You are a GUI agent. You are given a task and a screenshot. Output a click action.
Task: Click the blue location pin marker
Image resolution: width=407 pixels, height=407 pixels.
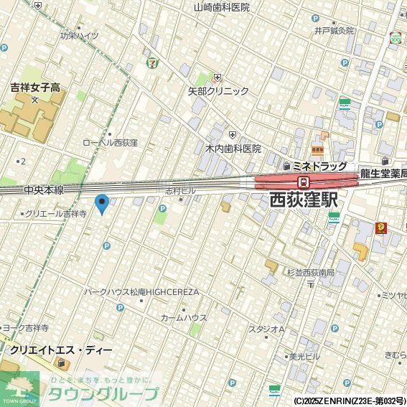click(x=102, y=204)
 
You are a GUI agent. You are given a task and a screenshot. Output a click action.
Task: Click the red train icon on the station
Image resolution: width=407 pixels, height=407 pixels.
click(x=304, y=182)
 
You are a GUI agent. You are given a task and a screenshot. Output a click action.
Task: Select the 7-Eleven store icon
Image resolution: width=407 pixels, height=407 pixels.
click(x=151, y=62)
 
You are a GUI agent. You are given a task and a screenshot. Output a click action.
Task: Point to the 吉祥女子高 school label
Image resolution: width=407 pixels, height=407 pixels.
click(x=34, y=87)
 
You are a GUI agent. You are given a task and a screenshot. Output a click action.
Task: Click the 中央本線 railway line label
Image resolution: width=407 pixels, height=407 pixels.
click(x=43, y=190)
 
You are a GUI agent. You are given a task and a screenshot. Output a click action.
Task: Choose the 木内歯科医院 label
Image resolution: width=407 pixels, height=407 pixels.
click(x=233, y=149)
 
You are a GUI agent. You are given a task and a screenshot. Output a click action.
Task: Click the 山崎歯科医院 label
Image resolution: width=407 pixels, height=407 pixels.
click(x=222, y=7)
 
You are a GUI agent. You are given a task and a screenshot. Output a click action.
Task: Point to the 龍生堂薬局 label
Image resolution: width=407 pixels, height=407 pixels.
click(x=383, y=172)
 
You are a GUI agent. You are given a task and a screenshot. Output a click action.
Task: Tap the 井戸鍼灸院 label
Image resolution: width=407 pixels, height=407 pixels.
click(x=334, y=31)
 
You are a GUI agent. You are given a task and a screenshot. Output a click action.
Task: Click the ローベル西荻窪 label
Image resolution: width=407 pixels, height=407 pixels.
click(x=110, y=143)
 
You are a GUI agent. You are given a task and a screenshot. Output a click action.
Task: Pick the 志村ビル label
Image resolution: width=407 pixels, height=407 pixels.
click(x=180, y=191)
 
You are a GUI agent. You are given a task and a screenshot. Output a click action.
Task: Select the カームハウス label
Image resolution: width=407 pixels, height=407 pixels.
click(x=184, y=317)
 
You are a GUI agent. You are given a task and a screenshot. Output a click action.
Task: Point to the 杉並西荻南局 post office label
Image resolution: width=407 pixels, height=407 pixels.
click(x=310, y=273)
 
